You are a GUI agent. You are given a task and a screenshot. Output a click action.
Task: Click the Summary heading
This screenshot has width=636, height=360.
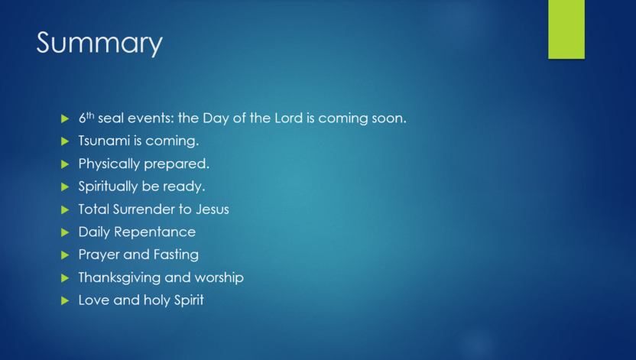[99, 44]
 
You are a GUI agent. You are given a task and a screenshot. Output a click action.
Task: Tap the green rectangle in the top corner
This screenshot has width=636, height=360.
[566, 29]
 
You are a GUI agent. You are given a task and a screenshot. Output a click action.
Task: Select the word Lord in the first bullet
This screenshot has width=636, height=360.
[288, 118]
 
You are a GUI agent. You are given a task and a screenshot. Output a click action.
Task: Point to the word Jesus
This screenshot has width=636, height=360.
[213, 209]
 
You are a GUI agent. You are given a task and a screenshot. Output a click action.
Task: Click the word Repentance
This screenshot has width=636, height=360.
[155, 232]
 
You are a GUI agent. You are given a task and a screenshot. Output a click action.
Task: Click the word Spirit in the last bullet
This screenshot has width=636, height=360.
[189, 300]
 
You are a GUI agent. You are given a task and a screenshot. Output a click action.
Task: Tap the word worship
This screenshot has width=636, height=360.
[219, 277]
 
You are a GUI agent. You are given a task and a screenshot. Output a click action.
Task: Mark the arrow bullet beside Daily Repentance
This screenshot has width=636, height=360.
[65, 232]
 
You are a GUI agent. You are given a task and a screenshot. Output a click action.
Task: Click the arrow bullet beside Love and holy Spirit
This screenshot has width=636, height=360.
[65, 300]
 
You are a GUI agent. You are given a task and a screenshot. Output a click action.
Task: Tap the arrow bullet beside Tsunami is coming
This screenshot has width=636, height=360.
[65, 141]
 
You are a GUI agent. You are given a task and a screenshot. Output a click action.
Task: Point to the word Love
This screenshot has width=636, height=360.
[94, 300]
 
